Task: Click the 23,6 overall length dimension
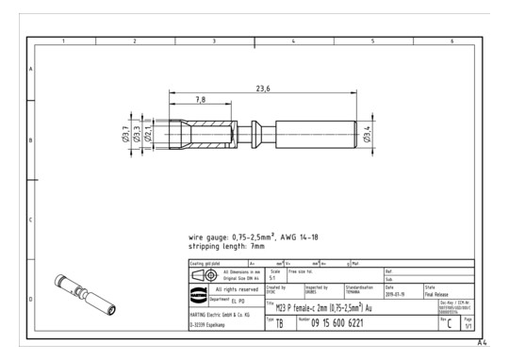[263, 88]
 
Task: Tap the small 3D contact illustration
[85, 290]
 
